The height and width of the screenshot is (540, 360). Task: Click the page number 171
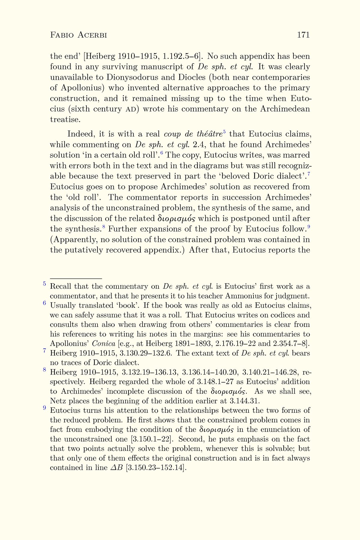pyautogui.click(x=303, y=35)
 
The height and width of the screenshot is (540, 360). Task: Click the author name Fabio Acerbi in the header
pyautogui.click(x=79, y=35)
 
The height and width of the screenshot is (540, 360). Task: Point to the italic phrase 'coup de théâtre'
pyautogui.click(x=193, y=134)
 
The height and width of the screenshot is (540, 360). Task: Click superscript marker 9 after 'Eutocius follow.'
pyautogui.click(x=308, y=227)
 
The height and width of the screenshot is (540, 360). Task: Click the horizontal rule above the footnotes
pyautogui.click(x=76, y=279)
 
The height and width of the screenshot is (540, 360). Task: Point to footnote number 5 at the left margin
pyautogui.click(x=44, y=283)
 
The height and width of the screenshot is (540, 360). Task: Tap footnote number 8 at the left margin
pyautogui.click(x=44, y=370)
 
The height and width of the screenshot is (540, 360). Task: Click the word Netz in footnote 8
pyautogui.click(x=57, y=401)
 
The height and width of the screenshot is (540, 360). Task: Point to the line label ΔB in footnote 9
pyautogui.click(x=117, y=468)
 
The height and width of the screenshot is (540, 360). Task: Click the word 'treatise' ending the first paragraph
pyautogui.click(x=64, y=120)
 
